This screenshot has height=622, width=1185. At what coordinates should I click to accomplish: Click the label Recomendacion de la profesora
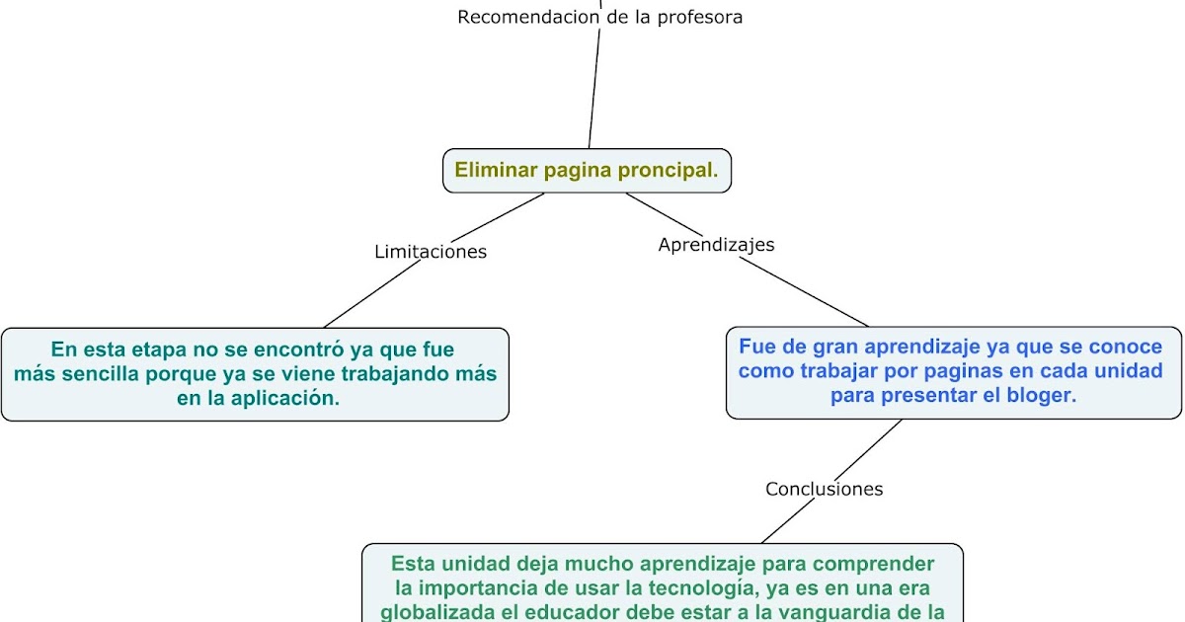(599, 17)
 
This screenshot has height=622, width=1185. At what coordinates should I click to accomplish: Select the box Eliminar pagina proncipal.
(587, 170)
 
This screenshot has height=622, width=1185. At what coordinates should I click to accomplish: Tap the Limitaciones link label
(431, 252)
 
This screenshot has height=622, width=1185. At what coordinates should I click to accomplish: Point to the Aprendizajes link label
(716, 245)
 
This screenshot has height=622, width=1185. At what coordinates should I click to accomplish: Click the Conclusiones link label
(824, 489)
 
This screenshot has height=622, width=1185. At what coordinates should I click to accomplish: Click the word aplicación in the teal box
(285, 399)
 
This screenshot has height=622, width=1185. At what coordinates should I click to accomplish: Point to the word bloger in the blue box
(1040, 395)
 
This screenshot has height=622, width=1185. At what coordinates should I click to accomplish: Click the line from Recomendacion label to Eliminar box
(594, 89)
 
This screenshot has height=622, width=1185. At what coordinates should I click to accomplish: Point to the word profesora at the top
(698, 17)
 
